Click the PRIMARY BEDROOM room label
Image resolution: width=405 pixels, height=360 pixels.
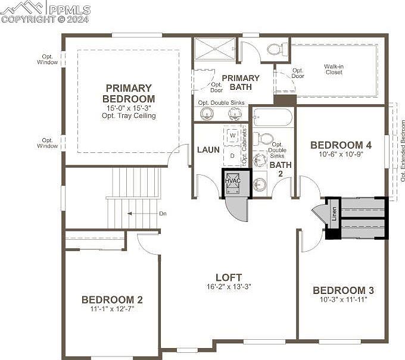pos(128,93)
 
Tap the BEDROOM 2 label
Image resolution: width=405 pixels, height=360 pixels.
pos(112,300)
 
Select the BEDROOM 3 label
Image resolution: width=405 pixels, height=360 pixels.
pos(343,290)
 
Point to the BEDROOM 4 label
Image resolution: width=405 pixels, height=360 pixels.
pos(341,145)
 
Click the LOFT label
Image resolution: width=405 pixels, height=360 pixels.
pos(229,277)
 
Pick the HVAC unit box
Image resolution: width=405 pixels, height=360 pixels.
pos(233,181)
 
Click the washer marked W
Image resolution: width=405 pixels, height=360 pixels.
pos(232,136)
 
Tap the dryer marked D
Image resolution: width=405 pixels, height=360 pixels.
pos(232,155)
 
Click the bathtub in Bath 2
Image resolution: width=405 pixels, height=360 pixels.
pos(272,117)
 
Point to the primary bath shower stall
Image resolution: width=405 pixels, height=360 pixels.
pos(215,49)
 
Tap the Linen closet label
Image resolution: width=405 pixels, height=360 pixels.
pos(334,213)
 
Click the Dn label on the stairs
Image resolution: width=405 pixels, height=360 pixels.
pos(163,213)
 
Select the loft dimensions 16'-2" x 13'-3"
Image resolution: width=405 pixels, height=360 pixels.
pos(229,286)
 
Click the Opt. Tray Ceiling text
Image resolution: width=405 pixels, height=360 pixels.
pos(128,115)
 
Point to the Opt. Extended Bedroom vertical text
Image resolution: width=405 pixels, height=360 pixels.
pos(403,155)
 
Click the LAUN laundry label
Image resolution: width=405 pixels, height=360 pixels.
pos(208,149)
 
